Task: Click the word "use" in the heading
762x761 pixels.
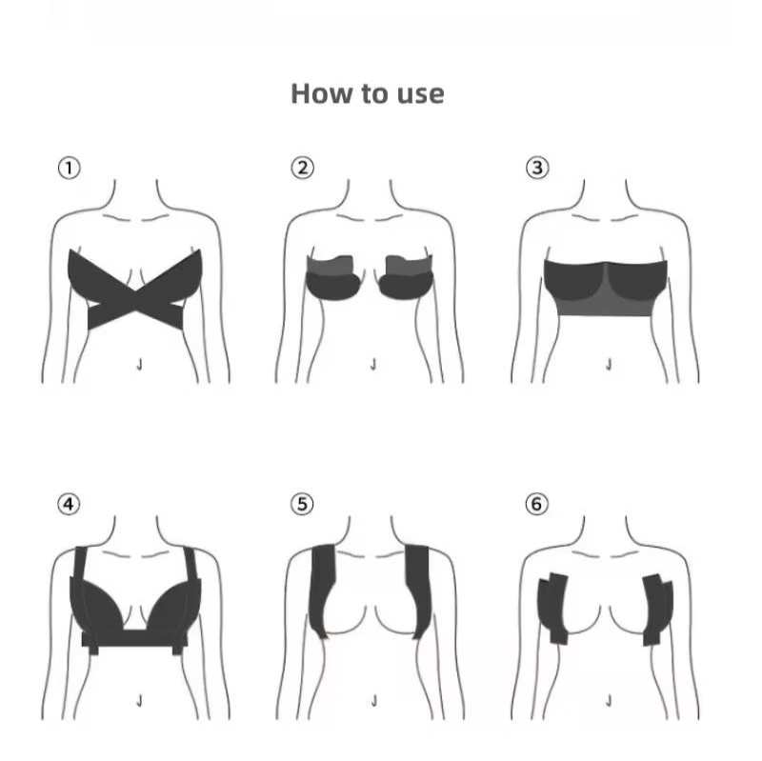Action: (420, 94)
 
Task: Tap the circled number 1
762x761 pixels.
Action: (69, 169)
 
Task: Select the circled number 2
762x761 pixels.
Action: (303, 168)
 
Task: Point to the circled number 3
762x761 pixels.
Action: (537, 168)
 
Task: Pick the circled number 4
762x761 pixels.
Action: (69, 505)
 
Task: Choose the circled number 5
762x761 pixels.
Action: (302, 504)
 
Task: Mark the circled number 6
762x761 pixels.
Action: (536, 504)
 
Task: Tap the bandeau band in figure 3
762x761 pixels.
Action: (606, 288)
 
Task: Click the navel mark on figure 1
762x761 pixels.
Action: (139, 365)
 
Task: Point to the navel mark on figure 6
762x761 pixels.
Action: (609, 701)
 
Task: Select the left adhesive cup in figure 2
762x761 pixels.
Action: (332, 278)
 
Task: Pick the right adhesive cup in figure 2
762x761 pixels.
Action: (407, 277)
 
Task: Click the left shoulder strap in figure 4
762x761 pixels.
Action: (81, 564)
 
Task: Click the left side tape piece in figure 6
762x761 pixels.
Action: (553, 609)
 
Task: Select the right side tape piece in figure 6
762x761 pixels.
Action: (658, 610)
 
